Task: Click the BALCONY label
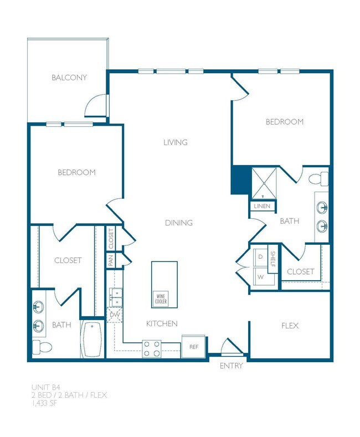69,78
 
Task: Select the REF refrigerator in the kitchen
193,347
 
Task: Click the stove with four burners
152,348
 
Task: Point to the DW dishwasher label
115,315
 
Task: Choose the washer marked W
260,275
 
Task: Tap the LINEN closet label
261,206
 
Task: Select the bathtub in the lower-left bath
91,339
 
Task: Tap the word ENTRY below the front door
231,366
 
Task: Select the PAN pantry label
111,260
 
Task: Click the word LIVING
176,142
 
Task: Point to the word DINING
179,223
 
